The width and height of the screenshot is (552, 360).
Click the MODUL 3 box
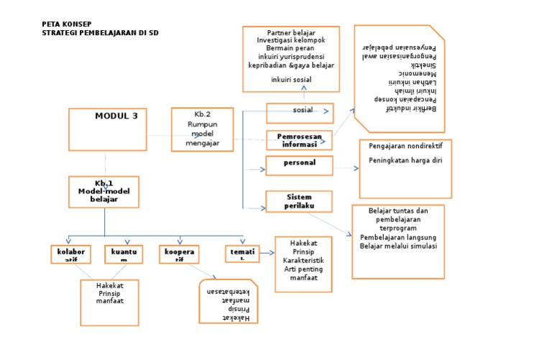click(106, 129)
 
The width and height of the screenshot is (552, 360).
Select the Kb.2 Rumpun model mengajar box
click(202, 129)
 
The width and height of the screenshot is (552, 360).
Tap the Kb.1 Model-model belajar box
click(103, 192)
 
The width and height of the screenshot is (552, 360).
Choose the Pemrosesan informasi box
click(299, 139)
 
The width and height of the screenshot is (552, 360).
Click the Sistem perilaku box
click(299, 200)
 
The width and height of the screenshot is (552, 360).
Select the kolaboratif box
click(71, 254)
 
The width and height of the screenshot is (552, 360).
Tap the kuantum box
click(124, 254)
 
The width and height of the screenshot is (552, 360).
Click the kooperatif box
click(180, 254)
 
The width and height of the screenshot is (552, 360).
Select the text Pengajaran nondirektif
click(405, 146)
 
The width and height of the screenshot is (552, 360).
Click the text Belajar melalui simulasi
click(398, 246)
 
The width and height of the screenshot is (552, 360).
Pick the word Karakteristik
click(303, 260)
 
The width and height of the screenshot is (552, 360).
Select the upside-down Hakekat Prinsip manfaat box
click(229, 301)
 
